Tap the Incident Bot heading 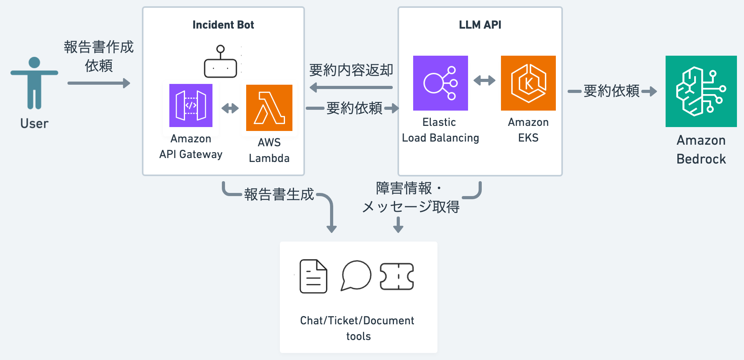coord(223,25)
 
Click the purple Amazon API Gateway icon coord(191,105)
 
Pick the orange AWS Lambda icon coord(269,108)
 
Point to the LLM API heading coord(480,25)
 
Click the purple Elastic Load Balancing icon coord(441,83)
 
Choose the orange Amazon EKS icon coord(528,83)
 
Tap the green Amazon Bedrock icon coord(701,91)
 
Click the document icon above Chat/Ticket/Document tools coord(313,276)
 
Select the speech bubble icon coord(356,276)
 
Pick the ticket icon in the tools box coord(397,276)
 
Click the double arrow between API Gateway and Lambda coord(230,108)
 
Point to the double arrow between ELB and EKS coord(485,81)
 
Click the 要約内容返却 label coord(351,70)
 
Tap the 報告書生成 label coord(279,195)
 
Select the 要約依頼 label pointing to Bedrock coord(612,91)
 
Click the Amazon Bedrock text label coord(701,150)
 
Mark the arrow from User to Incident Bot coord(99,83)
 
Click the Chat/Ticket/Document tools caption coord(357,328)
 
